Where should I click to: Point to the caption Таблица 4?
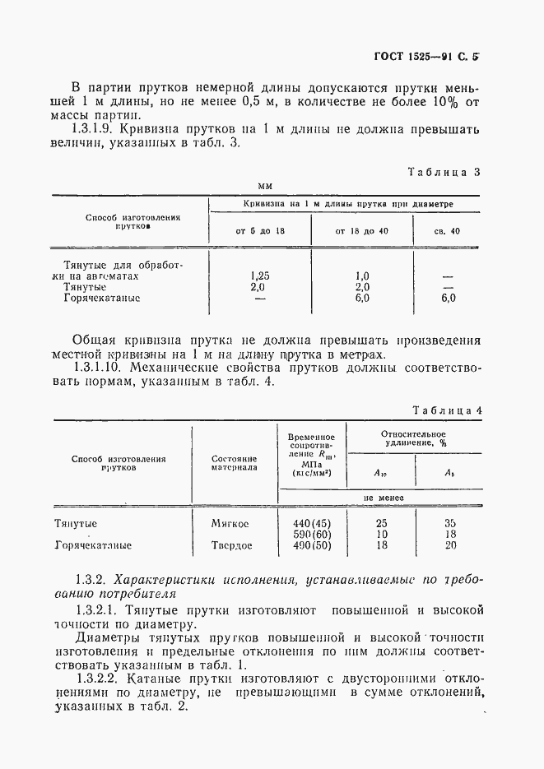tap(446, 408)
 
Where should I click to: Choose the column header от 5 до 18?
tap(260, 230)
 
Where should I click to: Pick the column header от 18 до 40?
tap(361, 230)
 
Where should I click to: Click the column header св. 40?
tap(447, 230)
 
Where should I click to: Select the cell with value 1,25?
tap(259, 277)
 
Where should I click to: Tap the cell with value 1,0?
tap(361, 277)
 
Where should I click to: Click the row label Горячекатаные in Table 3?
tap(102, 299)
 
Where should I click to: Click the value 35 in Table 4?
tap(450, 522)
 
